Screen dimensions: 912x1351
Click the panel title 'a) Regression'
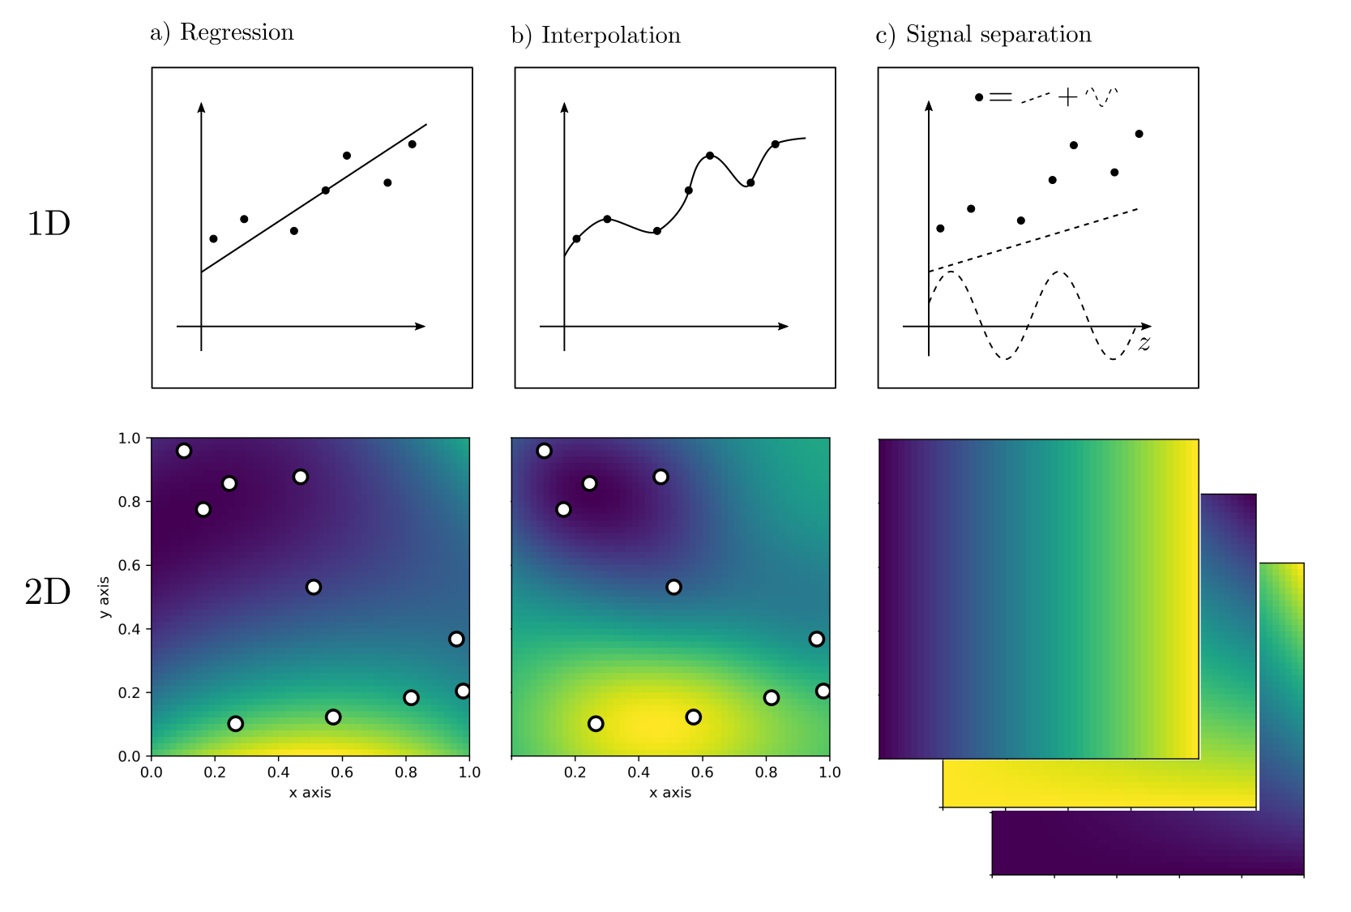[x=221, y=32]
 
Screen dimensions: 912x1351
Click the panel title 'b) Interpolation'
[x=596, y=36]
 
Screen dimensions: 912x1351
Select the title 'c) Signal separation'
[x=983, y=35]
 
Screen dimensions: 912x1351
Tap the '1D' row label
[x=49, y=224]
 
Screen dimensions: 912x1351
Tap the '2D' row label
[x=48, y=593]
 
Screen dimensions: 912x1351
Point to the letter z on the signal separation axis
[x=1144, y=344]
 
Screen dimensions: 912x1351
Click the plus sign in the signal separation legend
[x=1067, y=98]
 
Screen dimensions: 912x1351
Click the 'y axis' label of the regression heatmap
[x=104, y=597]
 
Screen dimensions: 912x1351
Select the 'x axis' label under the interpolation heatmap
[x=670, y=793]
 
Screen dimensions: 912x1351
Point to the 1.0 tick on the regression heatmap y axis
[x=130, y=439]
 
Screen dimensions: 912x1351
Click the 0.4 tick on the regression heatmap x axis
[x=279, y=773]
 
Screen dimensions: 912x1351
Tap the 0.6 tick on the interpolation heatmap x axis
[x=703, y=773]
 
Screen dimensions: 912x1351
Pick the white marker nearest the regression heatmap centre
[x=314, y=587]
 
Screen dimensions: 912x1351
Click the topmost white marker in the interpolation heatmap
[x=544, y=451]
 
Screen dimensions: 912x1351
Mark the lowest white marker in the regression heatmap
[x=236, y=724]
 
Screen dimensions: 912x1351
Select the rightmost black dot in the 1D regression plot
[x=412, y=144]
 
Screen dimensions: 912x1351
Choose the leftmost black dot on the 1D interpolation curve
[x=576, y=238]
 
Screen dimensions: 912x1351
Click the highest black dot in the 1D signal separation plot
[x=1139, y=134]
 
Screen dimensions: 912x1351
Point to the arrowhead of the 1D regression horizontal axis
[x=421, y=327]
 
